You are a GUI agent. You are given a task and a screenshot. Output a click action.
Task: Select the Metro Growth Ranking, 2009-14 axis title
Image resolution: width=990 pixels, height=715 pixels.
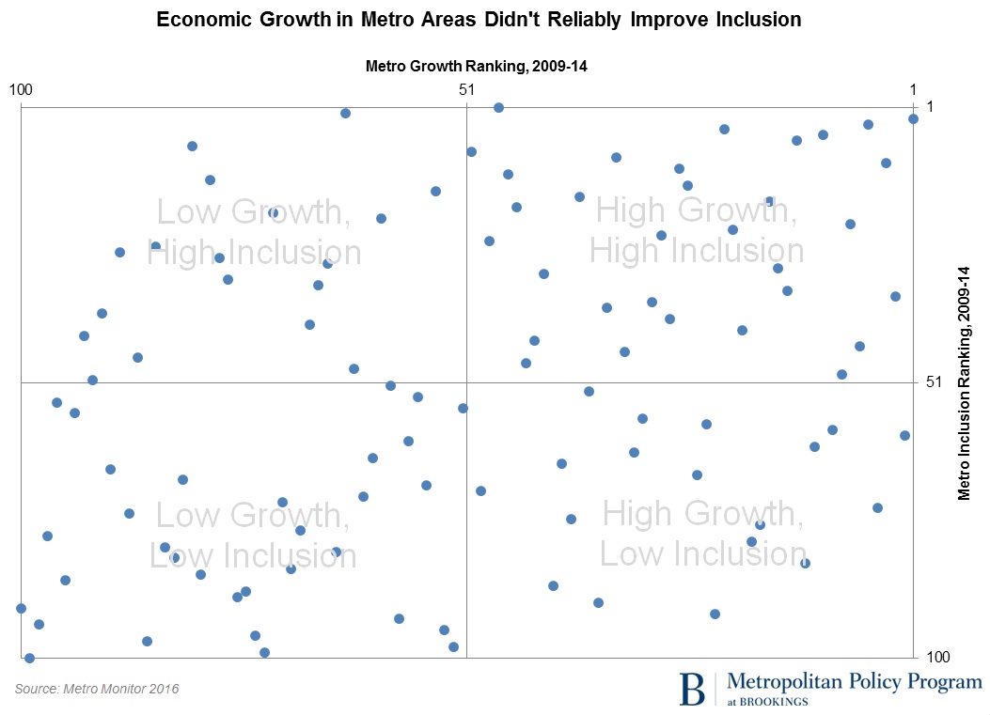(x=475, y=66)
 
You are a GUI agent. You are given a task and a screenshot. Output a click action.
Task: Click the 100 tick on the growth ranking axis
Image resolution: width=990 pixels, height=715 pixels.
(x=21, y=89)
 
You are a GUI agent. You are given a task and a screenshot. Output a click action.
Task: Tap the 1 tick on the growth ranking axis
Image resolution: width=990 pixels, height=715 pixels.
(x=913, y=89)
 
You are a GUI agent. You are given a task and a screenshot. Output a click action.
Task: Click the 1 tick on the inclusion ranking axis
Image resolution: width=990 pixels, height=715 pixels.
(x=930, y=106)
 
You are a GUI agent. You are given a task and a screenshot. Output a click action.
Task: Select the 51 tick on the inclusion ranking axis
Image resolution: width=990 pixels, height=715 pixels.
(x=934, y=382)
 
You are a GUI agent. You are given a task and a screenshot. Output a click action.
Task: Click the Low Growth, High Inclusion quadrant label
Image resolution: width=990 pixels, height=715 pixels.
(x=254, y=232)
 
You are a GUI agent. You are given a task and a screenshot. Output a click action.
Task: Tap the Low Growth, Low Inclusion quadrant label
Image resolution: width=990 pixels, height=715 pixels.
(x=253, y=535)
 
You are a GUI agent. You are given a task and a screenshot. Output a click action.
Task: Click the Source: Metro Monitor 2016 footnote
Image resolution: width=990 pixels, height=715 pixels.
(x=97, y=689)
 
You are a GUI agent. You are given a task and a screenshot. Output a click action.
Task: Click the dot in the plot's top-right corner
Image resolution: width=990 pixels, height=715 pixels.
(x=913, y=118)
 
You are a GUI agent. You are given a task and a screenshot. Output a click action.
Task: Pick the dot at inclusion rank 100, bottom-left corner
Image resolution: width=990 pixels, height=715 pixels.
(x=29, y=658)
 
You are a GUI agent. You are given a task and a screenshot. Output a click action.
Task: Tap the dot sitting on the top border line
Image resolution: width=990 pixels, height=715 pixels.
(x=498, y=107)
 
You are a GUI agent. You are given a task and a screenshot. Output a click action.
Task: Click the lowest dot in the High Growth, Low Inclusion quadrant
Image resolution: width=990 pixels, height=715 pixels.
(x=715, y=614)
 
